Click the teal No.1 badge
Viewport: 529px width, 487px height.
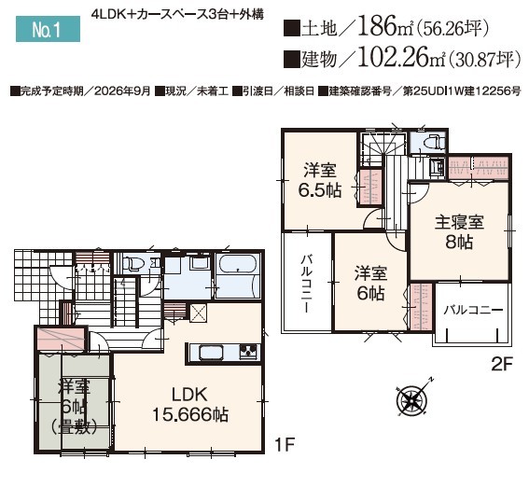pos(48,29)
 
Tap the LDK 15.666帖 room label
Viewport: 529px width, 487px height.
pos(190,404)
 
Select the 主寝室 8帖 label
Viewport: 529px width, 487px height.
pos(459,232)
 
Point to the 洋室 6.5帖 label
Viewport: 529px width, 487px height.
pos(319,180)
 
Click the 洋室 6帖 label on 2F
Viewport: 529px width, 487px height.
pos(370,284)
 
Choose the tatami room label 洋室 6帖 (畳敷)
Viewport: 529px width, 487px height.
pos(75,407)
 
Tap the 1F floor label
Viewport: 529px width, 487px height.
pos(285,444)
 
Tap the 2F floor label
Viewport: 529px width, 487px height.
pos(502,364)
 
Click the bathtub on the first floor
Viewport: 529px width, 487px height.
pos(238,265)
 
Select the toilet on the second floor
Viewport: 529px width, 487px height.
pos(433,141)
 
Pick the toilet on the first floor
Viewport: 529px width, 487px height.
pos(132,263)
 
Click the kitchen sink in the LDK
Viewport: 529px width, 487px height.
pos(211,354)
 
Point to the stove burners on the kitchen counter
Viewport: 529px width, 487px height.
pos(250,352)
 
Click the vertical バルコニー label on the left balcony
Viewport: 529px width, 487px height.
pos(306,284)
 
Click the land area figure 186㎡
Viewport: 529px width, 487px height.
pos(384,26)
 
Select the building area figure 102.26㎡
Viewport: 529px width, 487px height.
pos(402,58)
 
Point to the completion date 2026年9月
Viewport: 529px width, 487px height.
pos(122,91)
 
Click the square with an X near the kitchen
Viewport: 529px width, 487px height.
pos(198,313)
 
